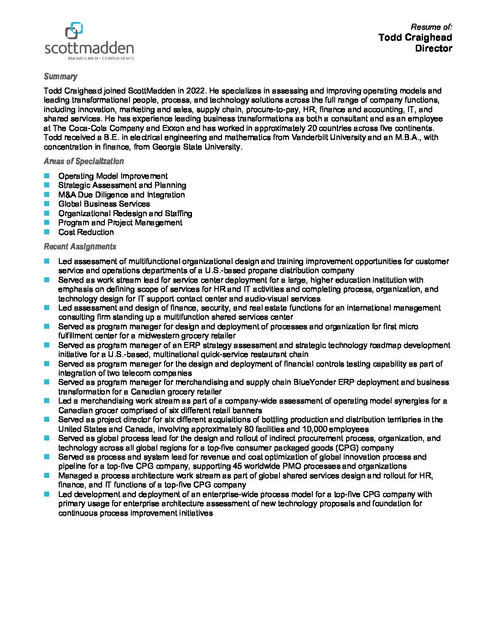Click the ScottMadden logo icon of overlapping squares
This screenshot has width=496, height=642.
[x=74, y=31]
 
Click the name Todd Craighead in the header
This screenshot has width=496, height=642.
[x=415, y=37]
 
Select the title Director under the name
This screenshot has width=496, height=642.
[x=433, y=48]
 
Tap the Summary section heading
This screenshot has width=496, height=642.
[x=60, y=77]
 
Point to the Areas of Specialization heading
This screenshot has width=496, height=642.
[x=83, y=161]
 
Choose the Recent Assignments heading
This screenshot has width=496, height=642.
[x=80, y=247]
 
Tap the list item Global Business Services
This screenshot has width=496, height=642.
[x=104, y=204]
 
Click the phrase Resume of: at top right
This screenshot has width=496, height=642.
[x=431, y=27]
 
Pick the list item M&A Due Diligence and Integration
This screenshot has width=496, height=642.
[x=121, y=195]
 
